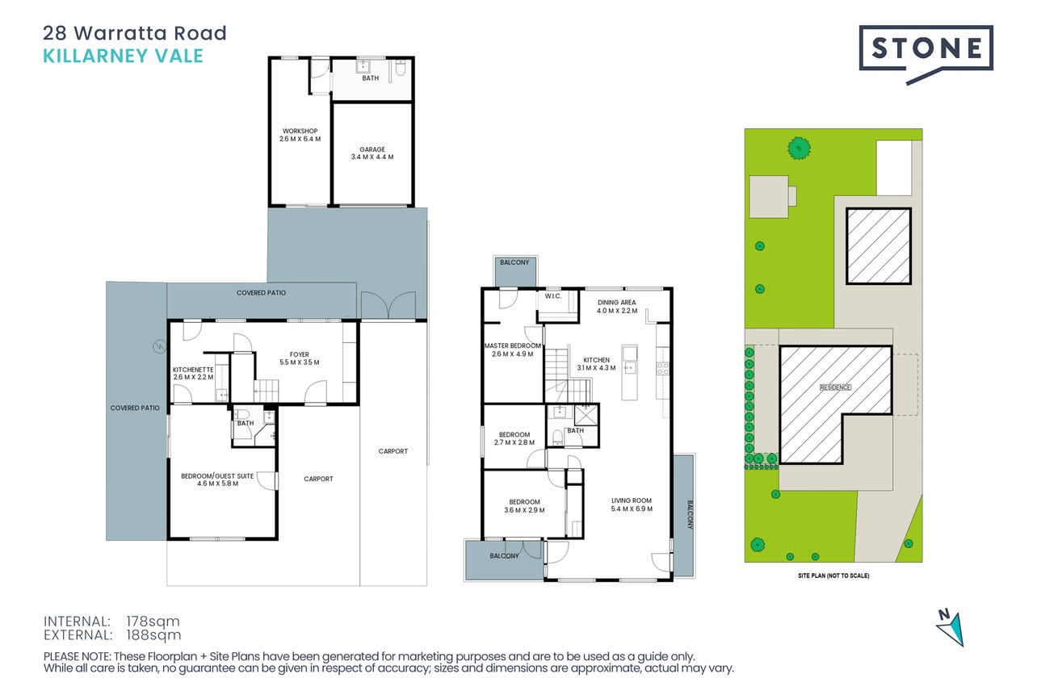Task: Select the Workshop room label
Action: (300, 135)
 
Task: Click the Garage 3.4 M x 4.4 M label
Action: (372, 153)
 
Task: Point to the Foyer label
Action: (300, 358)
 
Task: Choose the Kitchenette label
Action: (193, 374)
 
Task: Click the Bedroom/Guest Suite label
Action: (217, 480)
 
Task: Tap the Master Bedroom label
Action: (513, 350)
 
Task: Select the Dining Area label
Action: (617, 307)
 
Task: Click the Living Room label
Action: (632, 505)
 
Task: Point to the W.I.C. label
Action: (553, 296)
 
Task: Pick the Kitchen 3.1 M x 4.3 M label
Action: (596, 364)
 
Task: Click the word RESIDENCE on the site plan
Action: (835, 387)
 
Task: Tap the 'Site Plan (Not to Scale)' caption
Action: (833, 576)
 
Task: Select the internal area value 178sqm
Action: (153, 621)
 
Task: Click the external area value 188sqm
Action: (153, 635)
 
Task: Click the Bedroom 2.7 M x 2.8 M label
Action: (514, 438)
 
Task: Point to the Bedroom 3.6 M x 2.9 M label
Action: (524, 506)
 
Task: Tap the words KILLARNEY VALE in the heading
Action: (123, 56)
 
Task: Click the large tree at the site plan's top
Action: (799, 148)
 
